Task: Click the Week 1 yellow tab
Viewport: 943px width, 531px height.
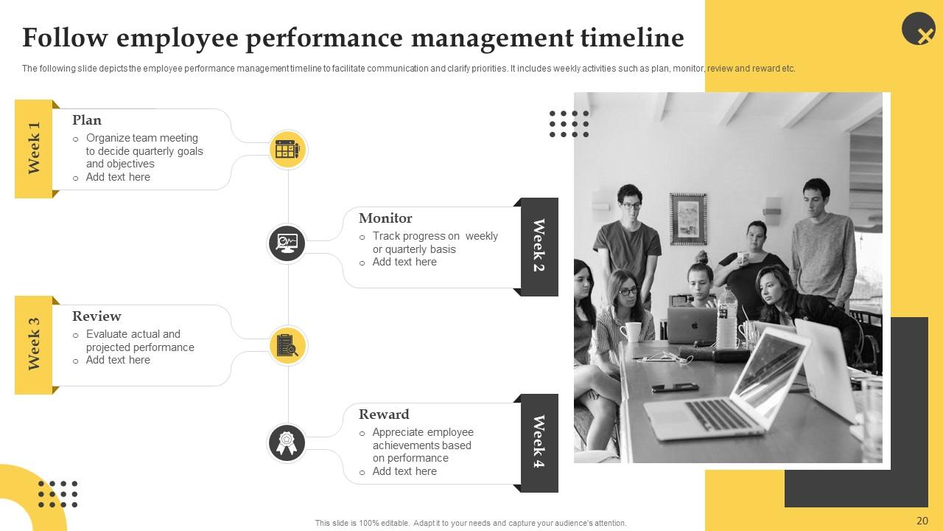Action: coord(34,148)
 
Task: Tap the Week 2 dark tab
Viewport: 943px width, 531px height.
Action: coord(539,246)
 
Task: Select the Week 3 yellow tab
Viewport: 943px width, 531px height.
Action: coord(34,344)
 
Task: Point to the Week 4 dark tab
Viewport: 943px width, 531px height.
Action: coord(539,442)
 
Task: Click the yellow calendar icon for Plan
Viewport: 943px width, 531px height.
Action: coord(287,150)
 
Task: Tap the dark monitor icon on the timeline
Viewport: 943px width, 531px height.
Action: coord(287,243)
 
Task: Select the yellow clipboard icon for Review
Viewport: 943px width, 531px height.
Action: coord(287,345)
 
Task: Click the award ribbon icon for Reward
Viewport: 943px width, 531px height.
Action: coord(287,443)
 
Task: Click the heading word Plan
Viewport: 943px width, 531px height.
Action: coord(87,120)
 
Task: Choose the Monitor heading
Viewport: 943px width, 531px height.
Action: coord(385,218)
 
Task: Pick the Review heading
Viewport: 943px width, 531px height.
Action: coord(97,316)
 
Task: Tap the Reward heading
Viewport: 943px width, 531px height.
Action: coord(384,414)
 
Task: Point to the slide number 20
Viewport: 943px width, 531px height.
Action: coord(922,521)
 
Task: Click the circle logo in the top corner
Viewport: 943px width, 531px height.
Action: coord(919,29)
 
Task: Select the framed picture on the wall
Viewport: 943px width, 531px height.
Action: coord(688,218)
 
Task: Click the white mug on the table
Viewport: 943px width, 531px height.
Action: coord(631,333)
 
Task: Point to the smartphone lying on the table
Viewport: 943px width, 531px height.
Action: coord(673,387)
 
